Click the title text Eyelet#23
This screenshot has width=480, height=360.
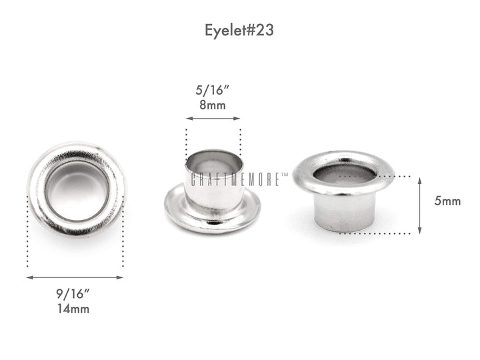[x=239, y=31]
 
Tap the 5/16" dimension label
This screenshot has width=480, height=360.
[x=213, y=91]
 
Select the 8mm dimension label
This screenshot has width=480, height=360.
[x=213, y=105]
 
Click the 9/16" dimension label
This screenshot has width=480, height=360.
[x=74, y=294]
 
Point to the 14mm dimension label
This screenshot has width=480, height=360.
[x=74, y=308]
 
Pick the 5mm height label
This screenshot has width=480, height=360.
[x=447, y=201]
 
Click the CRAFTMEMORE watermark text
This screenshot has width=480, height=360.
[x=237, y=179]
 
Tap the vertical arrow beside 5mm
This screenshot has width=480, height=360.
[x=419, y=205]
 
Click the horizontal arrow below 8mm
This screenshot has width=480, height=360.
[x=213, y=119]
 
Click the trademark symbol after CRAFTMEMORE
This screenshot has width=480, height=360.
[x=285, y=175]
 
